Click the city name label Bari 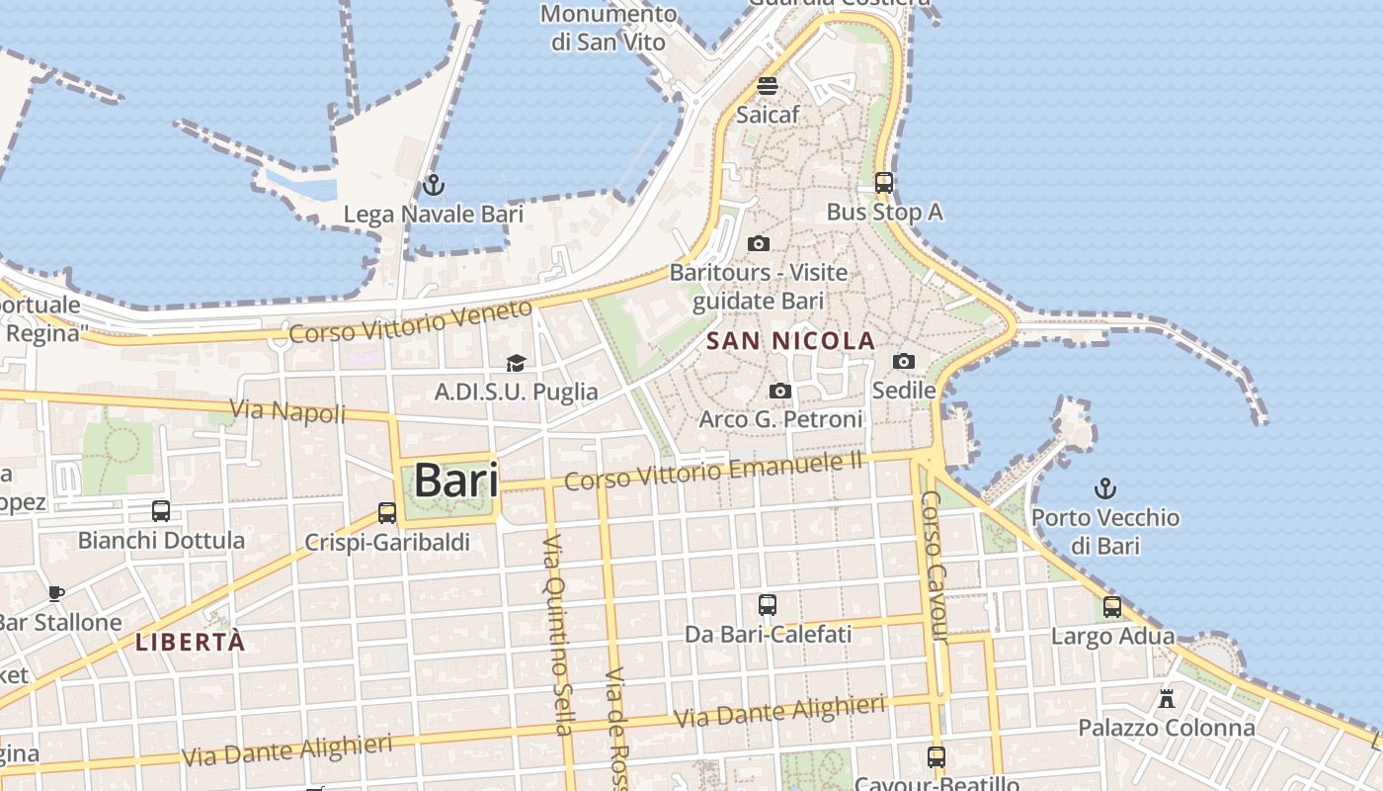point(455,481)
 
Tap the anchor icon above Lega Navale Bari point(433,185)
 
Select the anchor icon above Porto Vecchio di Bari point(1105,487)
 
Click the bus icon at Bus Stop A point(884,183)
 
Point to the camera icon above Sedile point(904,362)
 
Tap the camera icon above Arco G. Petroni point(780,392)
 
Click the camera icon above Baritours point(759,243)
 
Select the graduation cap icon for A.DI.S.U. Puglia point(516,364)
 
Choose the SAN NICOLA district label point(791,342)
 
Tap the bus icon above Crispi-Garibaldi point(387,513)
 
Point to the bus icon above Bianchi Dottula point(161,511)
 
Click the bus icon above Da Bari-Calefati point(768,605)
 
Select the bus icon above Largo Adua point(1112,607)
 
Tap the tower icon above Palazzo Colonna point(1167,699)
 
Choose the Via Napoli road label point(287,410)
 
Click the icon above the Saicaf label point(768,85)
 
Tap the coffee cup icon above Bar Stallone point(56,593)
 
